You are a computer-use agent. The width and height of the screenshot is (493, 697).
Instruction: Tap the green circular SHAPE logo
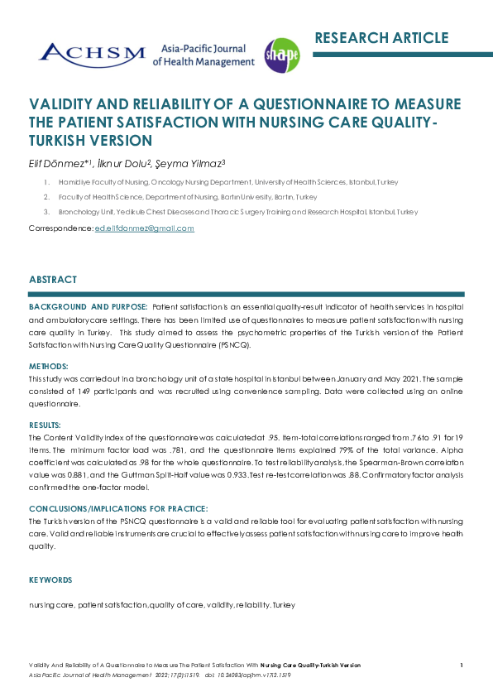(x=281, y=55)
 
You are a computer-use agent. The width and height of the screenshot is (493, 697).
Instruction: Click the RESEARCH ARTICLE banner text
(x=381, y=38)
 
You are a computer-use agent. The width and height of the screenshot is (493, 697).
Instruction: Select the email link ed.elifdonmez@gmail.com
(x=145, y=228)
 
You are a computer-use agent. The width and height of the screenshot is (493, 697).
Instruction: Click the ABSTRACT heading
(x=53, y=280)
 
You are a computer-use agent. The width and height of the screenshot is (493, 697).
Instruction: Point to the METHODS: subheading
(x=49, y=365)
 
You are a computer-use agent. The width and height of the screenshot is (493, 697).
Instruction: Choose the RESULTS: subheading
(x=45, y=425)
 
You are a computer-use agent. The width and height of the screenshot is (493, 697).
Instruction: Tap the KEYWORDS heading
(x=50, y=580)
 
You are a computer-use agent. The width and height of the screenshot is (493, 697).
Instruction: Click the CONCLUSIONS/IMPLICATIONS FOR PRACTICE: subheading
(x=118, y=507)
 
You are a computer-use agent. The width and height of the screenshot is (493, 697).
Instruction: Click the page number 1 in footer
(x=461, y=665)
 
